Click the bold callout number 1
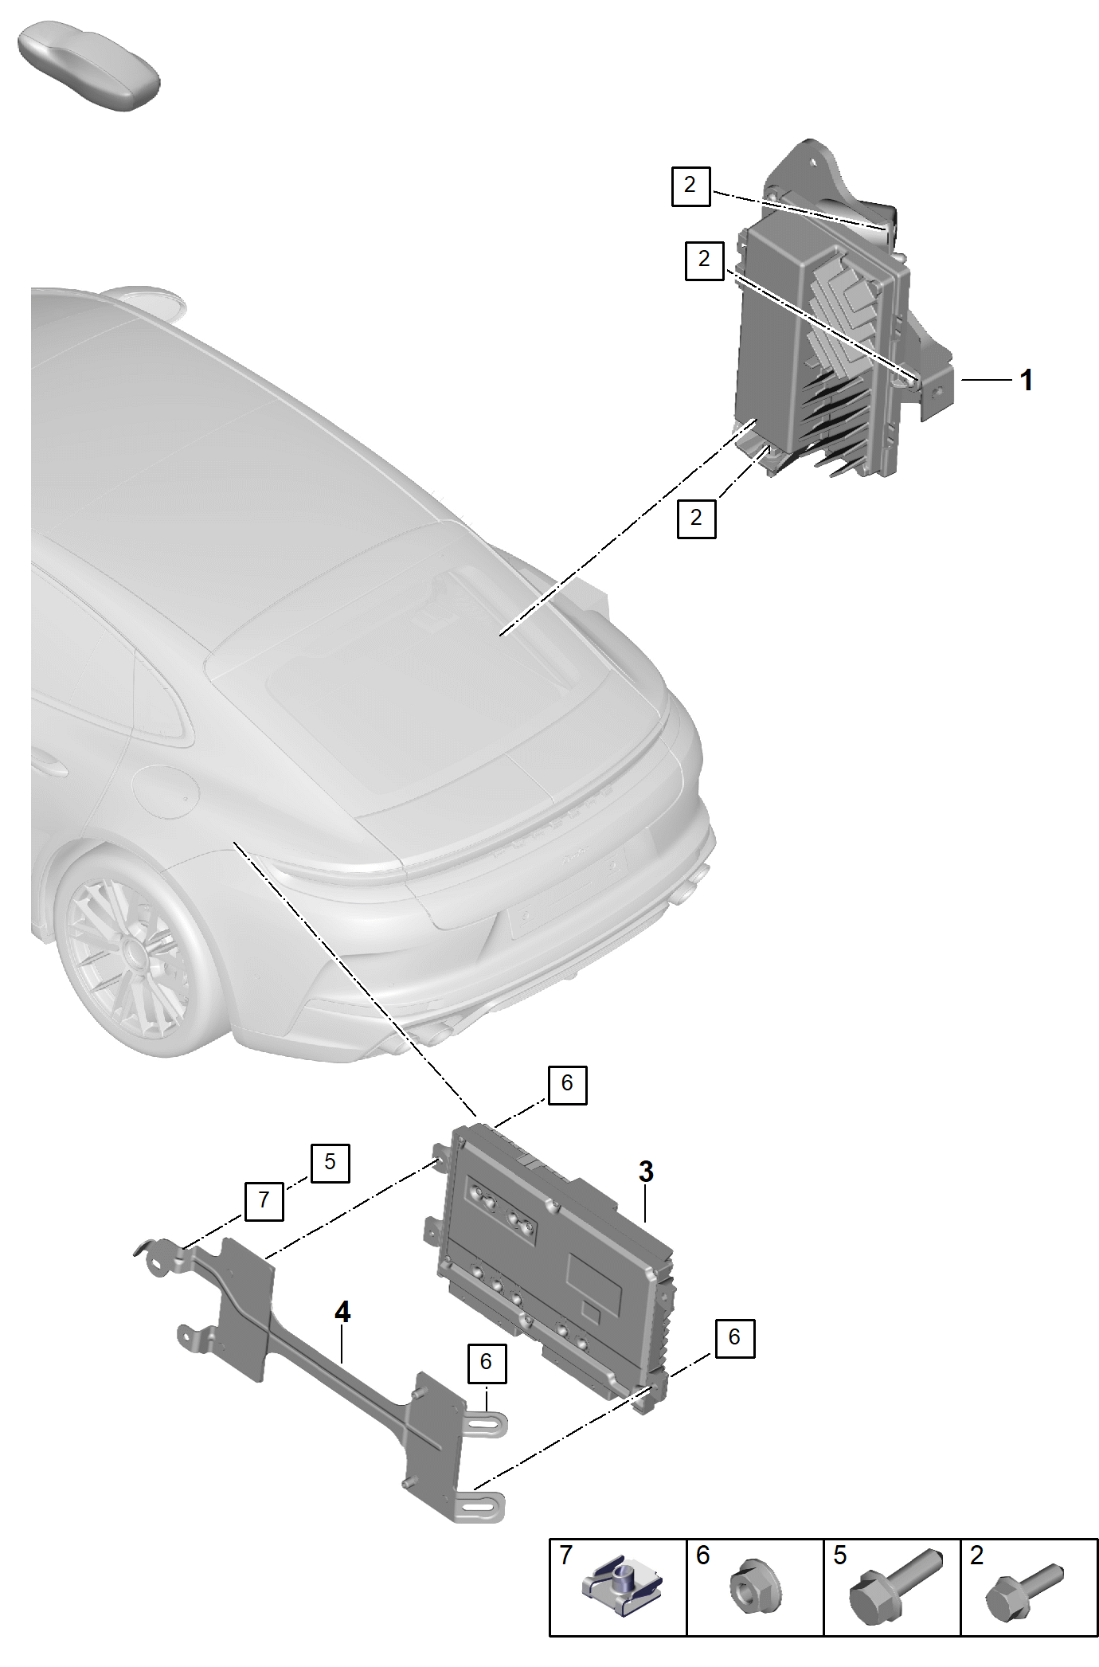(1027, 380)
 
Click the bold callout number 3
(646, 1172)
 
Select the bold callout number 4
(342, 1312)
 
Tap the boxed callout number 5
(330, 1162)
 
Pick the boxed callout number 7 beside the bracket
(264, 1200)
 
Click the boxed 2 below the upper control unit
(696, 518)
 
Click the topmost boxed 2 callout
(690, 186)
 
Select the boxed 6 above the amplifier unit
(567, 1084)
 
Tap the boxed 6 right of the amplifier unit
(734, 1337)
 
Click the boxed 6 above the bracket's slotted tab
(486, 1362)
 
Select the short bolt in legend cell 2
(1024, 1591)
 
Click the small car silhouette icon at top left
(89, 67)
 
